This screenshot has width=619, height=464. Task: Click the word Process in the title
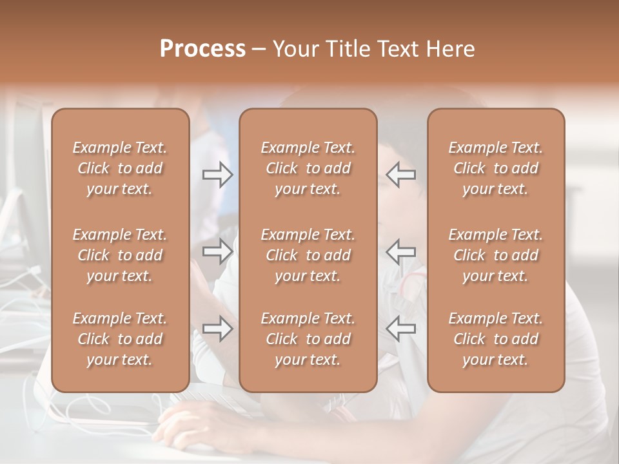[x=202, y=48]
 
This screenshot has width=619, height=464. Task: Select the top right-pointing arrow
[x=217, y=175]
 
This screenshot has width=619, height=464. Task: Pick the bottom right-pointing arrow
[x=217, y=329]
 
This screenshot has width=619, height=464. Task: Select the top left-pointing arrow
[x=401, y=175]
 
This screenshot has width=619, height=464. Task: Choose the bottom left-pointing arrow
[x=401, y=329]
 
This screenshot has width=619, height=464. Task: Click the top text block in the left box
[x=120, y=168]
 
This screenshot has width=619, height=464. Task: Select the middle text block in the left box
[x=120, y=255]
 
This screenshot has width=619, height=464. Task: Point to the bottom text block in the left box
[x=120, y=339]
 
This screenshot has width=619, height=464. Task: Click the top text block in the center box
[x=308, y=168]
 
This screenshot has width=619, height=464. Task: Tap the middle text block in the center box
[x=308, y=255]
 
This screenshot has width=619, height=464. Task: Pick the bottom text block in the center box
[x=308, y=339]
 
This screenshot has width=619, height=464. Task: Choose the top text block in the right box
[x=496, y=168]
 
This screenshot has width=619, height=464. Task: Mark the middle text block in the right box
[x=496, y=255]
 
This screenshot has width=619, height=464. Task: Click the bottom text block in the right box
[x=496, y=339]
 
